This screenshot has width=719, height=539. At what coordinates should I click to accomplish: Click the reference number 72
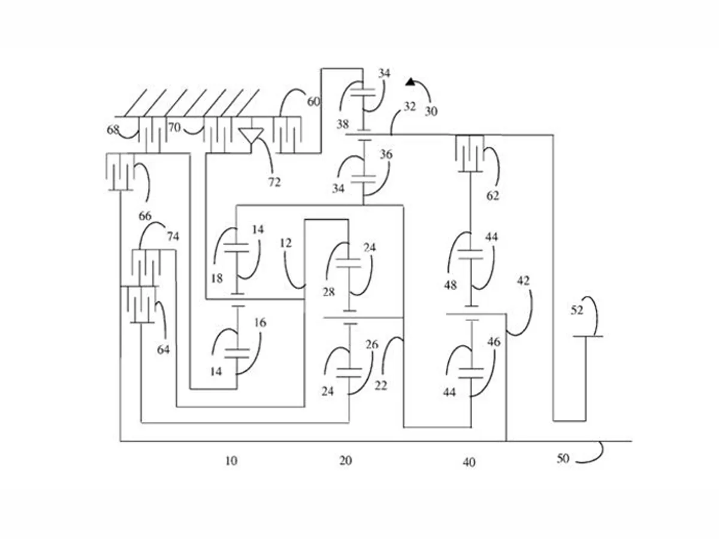pos(274,182)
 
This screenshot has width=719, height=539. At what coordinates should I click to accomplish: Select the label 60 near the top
pos(313,102)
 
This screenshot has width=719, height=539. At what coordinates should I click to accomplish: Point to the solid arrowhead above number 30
pos(410,81)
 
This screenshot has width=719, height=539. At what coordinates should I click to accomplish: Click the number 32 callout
pos(409,107)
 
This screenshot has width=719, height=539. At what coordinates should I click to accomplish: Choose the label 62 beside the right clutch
pos(493,196)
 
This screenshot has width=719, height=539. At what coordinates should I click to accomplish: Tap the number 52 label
pos(577,310)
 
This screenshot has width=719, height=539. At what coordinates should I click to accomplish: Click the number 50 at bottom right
pos(563,459)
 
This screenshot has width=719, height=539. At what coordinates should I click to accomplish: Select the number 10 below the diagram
pos(231,461)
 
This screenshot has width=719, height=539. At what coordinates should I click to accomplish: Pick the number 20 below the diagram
pos(346,461)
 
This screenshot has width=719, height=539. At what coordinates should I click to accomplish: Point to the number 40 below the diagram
pos(469,462)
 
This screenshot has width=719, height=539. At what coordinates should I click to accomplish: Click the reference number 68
pos(113,130)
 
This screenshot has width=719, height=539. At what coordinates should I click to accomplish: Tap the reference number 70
pos(174,128)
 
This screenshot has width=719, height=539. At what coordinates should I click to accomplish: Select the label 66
pos(145,216)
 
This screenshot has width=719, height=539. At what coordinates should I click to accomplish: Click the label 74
pos(173,237)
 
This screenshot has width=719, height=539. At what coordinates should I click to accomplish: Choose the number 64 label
pos(163,350)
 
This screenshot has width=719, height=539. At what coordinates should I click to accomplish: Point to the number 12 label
pos(286,243)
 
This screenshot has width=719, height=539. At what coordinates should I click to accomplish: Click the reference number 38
pos(343,124)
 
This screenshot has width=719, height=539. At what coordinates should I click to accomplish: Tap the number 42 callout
pos(523,281)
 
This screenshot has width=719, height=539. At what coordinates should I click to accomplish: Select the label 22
pos(380,386)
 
